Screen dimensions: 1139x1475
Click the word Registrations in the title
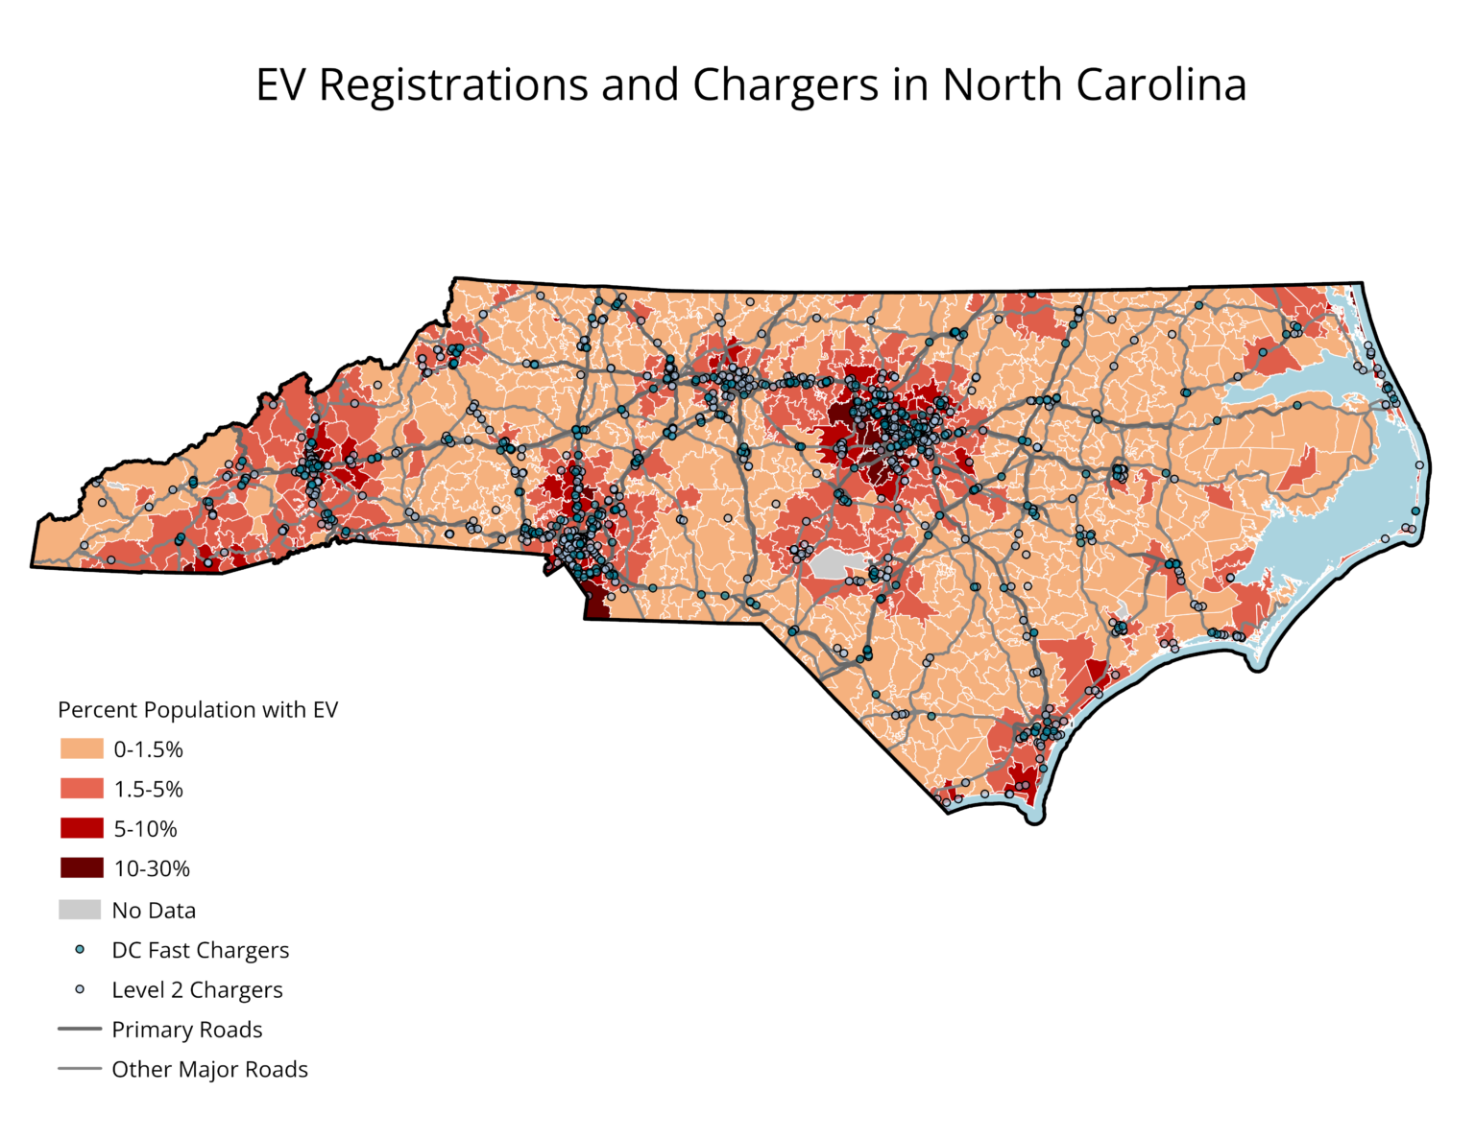tap(452, 85)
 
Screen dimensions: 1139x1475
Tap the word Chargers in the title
tap(785, 85)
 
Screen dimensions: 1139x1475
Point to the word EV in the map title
tap(280, 85)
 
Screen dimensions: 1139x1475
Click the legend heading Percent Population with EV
tap(198, 710)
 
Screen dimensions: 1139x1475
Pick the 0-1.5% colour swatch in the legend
tap(82, 748)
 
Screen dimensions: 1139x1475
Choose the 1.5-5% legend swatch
tap(82, 789)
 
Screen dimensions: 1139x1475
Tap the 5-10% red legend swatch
tap(82, 828)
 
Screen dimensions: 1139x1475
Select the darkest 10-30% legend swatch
tap(82, 868)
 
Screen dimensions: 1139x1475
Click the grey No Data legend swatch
tap(80, 910)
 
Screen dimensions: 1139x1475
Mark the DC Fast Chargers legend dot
tap(80, 950)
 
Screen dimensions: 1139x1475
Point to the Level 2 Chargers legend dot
tap(80, 989)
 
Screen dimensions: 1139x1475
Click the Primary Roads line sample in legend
tap(80, 1029)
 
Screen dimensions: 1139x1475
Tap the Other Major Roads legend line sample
tap(80, 1069)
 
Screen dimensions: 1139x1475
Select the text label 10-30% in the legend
tap(152, 869)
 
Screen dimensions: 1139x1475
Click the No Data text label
tap(154, 911)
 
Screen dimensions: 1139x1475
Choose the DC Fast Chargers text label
tap(200, 950)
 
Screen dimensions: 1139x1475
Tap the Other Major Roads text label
tap(209, 1069)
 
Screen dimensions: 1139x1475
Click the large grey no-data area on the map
tap(836, 564)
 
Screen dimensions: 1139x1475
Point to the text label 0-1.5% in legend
tap(148, 749)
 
